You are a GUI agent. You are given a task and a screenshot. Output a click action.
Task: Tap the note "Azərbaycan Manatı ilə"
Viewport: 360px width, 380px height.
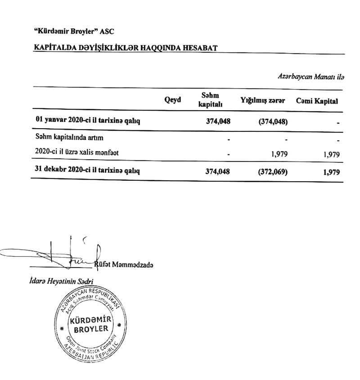pyautogui.click(x=310, y=77)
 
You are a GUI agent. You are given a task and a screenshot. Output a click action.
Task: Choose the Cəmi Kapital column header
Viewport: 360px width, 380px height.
pyautogui.click(x=317, y=102)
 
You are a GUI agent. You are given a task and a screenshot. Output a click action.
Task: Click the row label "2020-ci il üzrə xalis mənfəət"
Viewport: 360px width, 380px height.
pyautogui.click(x=76, y=153)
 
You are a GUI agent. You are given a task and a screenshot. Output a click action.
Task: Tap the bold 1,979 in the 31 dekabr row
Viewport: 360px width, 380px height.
pyautogui.click(x=330, y=172)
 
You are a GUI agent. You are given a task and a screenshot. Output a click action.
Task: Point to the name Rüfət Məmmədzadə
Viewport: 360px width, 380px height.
pyautogui.click(x=126, y=265)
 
